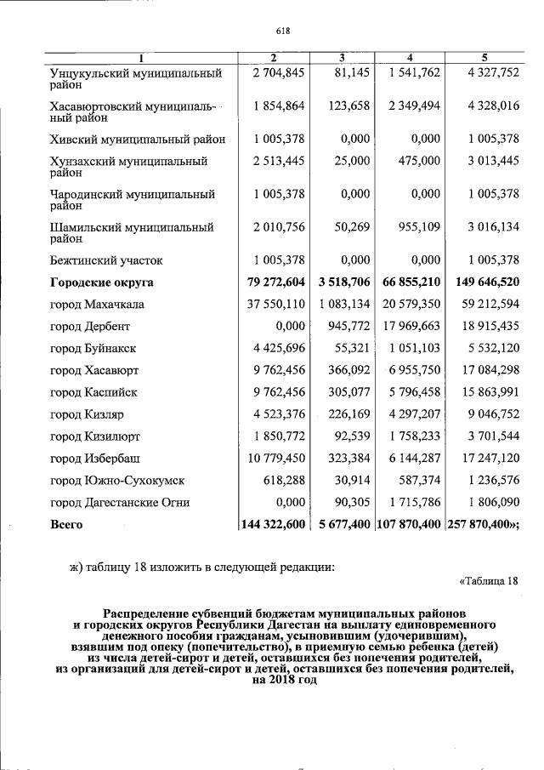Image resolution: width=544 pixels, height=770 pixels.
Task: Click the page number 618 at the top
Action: [283, 31]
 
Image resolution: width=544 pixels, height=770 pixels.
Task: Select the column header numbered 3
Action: [341, 58]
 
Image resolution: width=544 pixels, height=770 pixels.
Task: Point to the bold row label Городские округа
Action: [102, 282]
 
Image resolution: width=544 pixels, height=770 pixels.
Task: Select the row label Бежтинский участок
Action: [106, 260]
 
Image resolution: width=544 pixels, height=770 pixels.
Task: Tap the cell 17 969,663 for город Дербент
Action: [411, 326]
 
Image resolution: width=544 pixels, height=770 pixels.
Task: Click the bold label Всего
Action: [66, 525]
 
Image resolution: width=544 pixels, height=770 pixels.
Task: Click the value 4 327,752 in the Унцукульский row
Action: [485, 73]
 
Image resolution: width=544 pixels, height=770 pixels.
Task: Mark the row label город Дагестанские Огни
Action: [117, 503]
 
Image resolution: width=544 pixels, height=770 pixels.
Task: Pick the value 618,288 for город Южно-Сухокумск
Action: [280, 481]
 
